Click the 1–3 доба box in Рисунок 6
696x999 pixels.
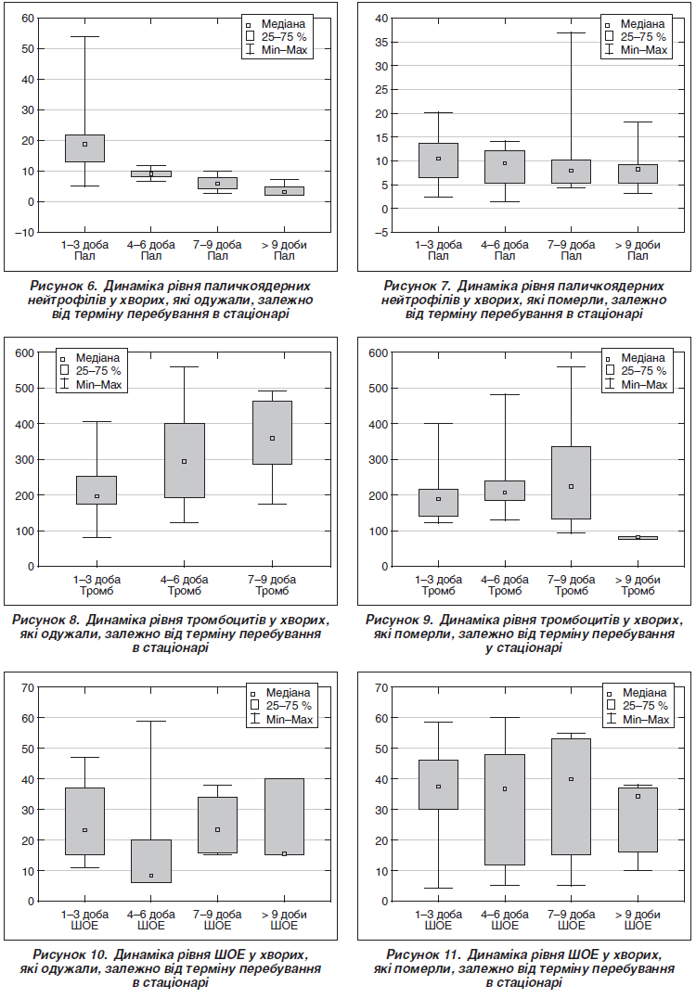tap(84, 148)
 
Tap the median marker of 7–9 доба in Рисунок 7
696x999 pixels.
tap(571, 171)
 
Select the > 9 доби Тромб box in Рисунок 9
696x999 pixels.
tap(638, 538)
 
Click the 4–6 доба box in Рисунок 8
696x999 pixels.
tap(184, 461)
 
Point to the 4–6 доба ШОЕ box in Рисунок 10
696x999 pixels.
tap(151, 862)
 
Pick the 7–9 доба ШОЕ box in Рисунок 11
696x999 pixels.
tap(571, 797)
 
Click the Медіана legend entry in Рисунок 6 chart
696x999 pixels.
tap(276, 24)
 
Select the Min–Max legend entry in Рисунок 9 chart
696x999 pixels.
tap(637, 385)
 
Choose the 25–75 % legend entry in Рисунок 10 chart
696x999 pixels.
tap(281, 706)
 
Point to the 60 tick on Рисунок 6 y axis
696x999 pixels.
tap(28, 18)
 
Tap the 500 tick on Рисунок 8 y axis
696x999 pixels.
tap(24, 388)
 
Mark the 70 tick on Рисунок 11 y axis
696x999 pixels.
tap(381, 687)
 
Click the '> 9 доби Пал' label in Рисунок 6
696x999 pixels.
tap(284, 250)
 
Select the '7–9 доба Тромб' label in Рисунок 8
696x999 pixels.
tap(272, 585)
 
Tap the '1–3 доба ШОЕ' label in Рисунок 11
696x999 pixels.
tap(439, 920)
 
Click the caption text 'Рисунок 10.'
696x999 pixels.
tap(71, 955)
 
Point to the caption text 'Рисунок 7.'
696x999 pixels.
tap(418, 286)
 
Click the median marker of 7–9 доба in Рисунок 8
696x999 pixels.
tap(272, 439)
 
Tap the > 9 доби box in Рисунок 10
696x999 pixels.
tap(284, 817)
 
